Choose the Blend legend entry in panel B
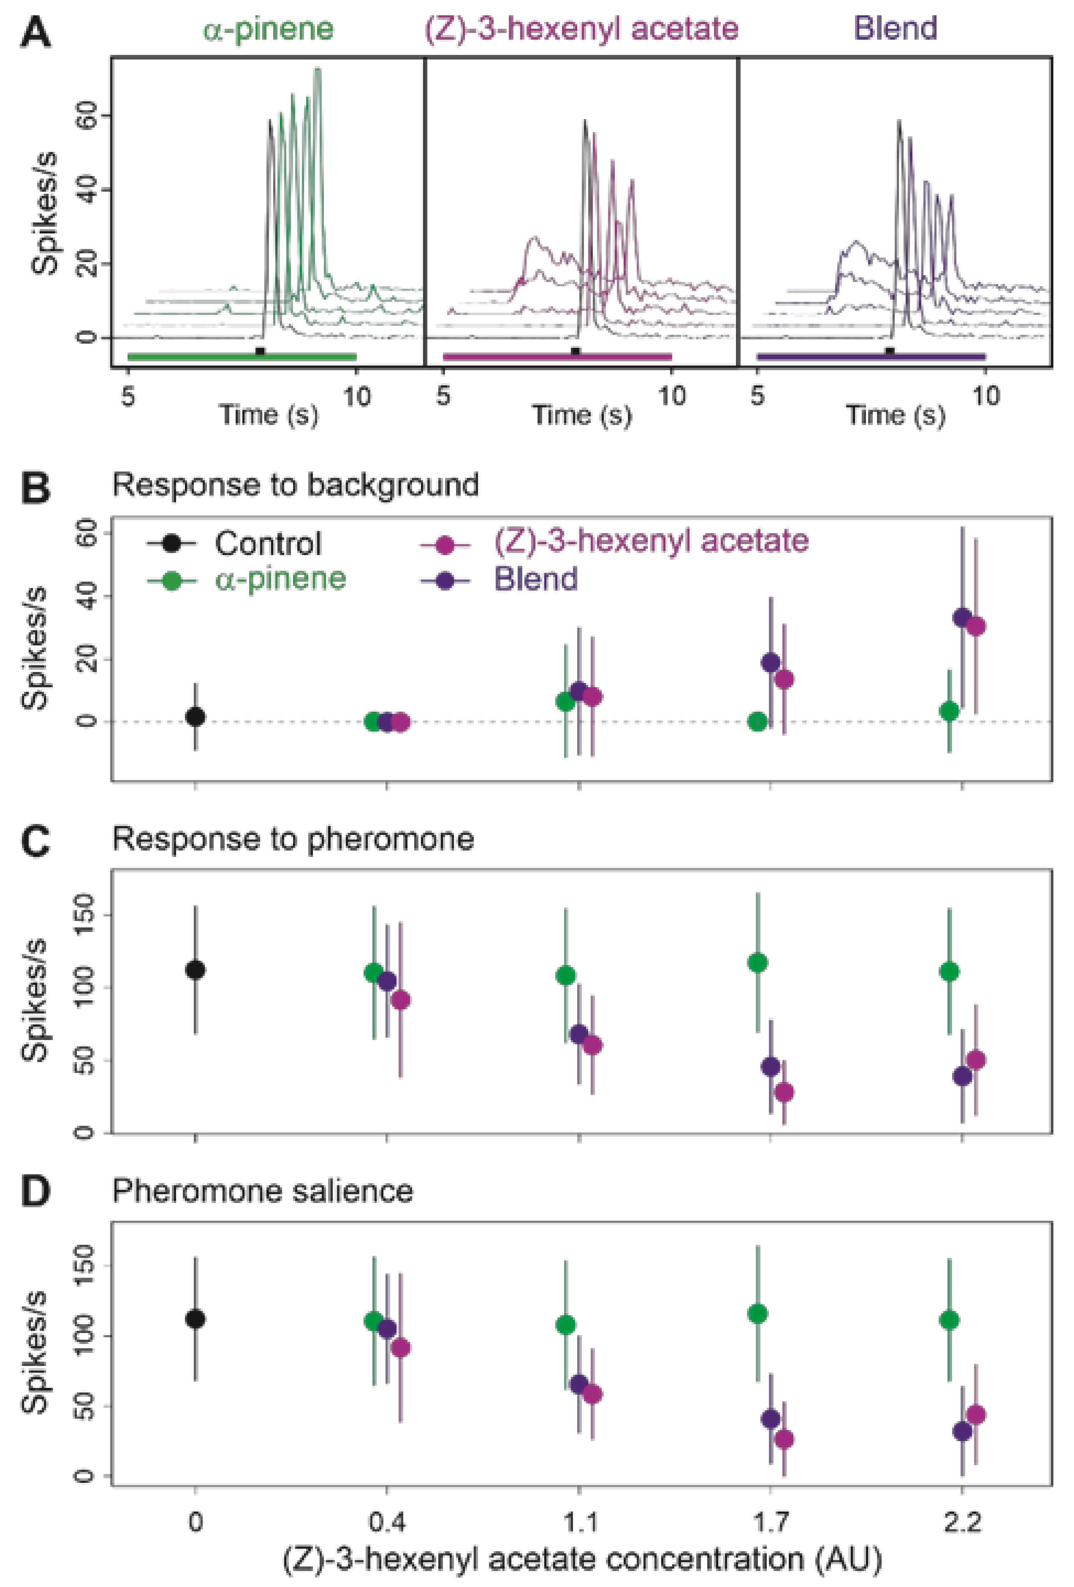[535, 579]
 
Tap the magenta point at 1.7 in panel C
[784, 1092]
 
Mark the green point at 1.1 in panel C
[566, 975]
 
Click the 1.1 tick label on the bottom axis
[579, 1522]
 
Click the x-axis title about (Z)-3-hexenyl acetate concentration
[582, 1559]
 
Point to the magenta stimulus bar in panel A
[557, 356]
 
